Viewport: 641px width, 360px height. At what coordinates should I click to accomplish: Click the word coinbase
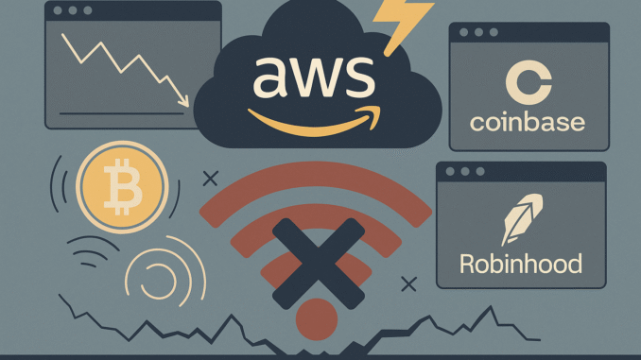pyautogui.click(x=528, y=123)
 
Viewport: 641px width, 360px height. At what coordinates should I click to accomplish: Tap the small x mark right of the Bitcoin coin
pyautogui.click(x=210, y=176)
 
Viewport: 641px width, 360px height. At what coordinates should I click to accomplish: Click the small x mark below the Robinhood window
pyautogui.click(x=408, y=283)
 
